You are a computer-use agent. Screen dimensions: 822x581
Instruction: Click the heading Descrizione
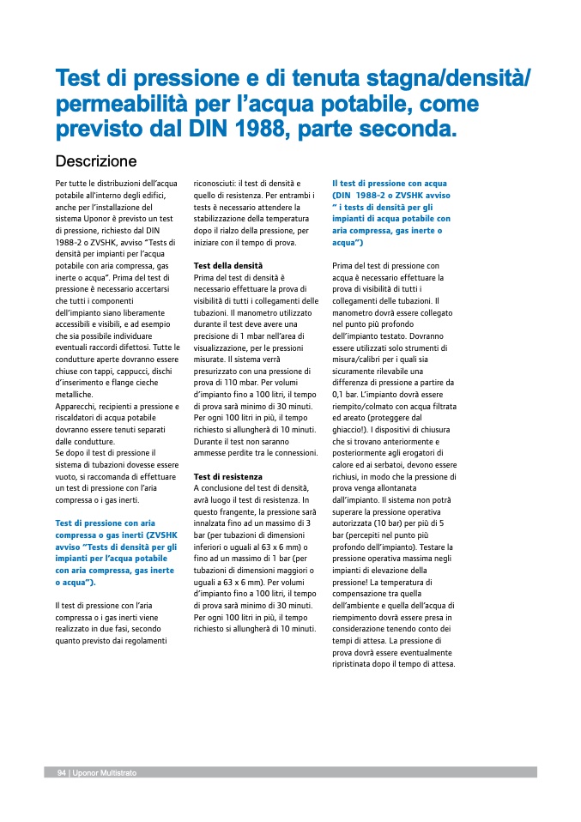point(96,161)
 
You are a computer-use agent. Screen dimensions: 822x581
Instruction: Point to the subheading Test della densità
point(228,266)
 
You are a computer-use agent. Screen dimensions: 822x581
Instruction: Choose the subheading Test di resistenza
point(228,476)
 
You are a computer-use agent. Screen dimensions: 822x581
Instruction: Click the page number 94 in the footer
point(62,773)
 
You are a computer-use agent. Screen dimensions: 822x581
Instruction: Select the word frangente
point(231,511)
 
